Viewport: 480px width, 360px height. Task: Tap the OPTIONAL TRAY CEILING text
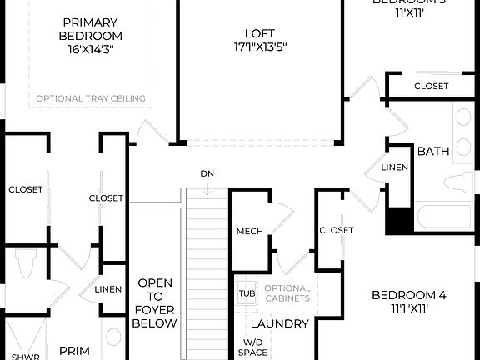[90, 99]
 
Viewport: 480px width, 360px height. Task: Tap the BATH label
[432, 152]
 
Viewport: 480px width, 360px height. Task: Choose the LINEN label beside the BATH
[394, 167]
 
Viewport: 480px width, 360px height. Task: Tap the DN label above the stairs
[207, 174]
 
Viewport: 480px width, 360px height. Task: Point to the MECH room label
[249, 231]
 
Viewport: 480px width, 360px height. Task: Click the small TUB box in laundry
[247, 293]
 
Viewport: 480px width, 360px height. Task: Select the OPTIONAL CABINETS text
[287, 293]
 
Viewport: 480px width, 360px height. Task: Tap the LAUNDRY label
[280, 323]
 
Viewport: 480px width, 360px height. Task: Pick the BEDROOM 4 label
[408, 294]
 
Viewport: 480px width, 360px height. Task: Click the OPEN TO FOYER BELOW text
[155, 303]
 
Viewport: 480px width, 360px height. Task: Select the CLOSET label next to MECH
[336, 230]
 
